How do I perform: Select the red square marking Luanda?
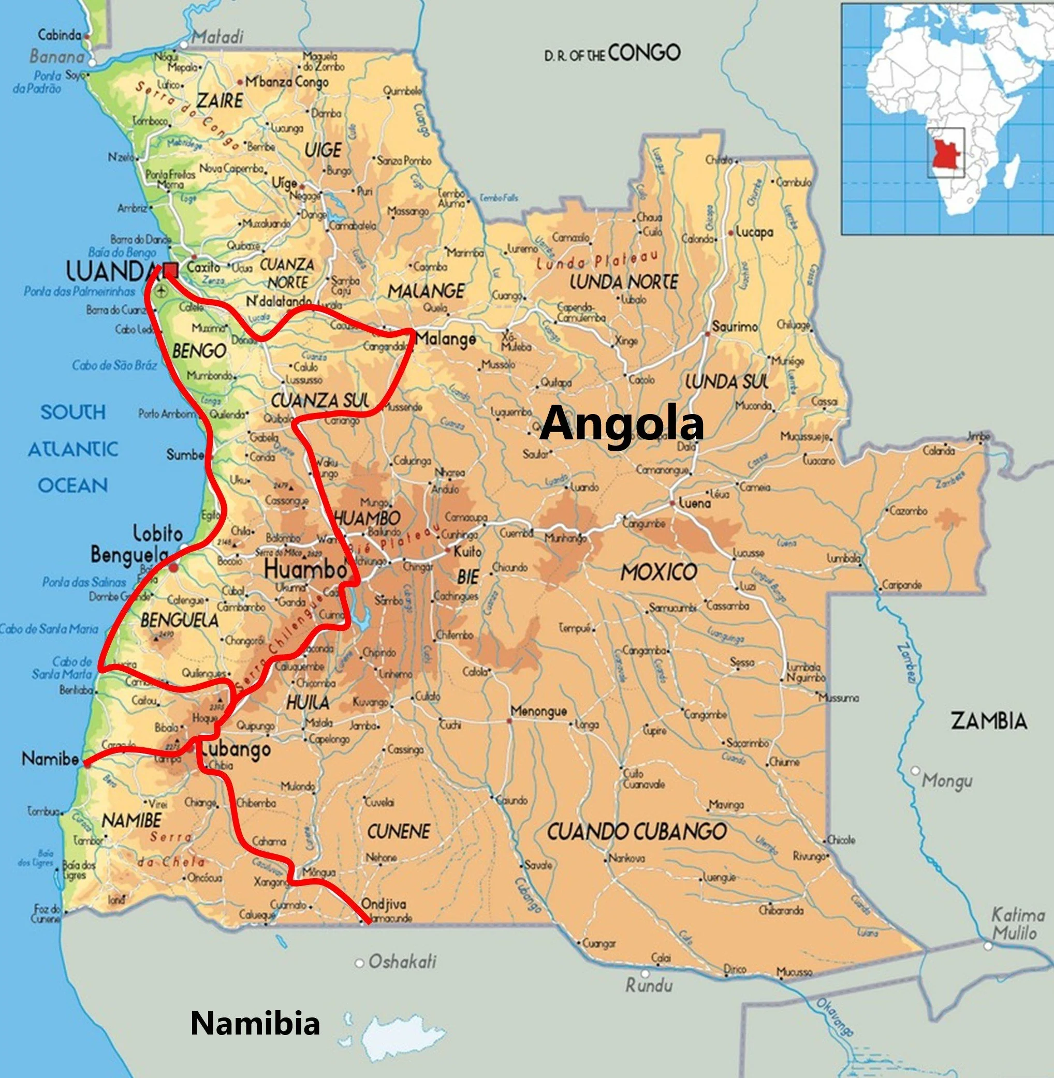click(171, 270)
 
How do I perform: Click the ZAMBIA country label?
click(989, 721)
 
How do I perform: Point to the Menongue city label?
click(539, 711)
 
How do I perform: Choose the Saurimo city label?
click(735, 327)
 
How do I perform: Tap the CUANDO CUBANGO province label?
click(637, 832)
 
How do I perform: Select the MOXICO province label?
click(658, 572)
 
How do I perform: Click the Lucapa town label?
click(754, 232)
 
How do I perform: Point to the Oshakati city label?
click(402, 962)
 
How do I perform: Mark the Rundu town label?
click(649, 985)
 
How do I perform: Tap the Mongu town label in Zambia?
click(947, 781)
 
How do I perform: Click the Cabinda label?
click(59, 35)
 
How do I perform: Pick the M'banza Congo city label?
click(287, 82)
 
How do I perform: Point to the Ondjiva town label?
click(383, 904)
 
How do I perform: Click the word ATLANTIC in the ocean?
click(73, 449)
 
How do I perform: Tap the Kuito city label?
click(467, 552)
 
